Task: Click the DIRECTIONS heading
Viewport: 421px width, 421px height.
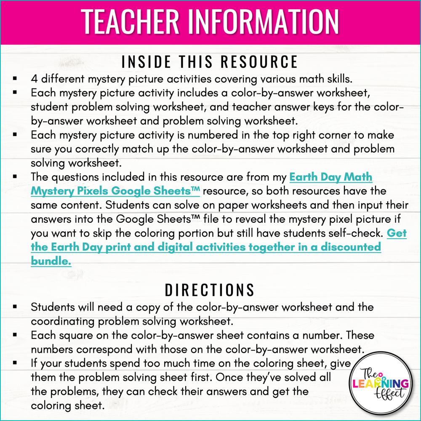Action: click(x=210, y=290)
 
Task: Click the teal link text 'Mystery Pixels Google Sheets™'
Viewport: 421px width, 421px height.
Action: click(x=115, y=191)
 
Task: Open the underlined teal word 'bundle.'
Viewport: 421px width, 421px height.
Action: click(x=51, y=261)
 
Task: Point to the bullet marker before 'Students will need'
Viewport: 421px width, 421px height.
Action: click(x=15, y=307)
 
